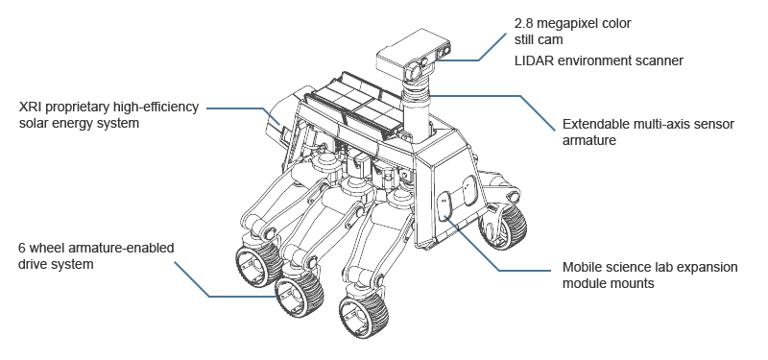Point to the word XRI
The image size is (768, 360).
pyautogui.click(x=31, y=108)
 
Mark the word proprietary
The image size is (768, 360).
pyautogui.click(x=78, y=108)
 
